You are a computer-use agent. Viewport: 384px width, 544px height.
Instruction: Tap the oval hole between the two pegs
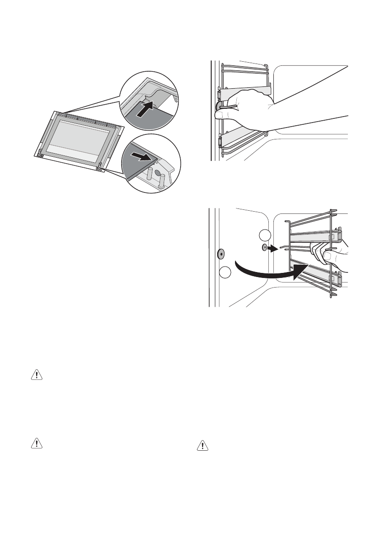click(x=158, y=173)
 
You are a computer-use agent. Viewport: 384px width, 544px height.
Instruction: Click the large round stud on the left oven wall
click(x=221, y=252)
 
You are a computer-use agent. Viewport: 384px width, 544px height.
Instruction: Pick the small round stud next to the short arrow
click(x=264, y=248)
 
